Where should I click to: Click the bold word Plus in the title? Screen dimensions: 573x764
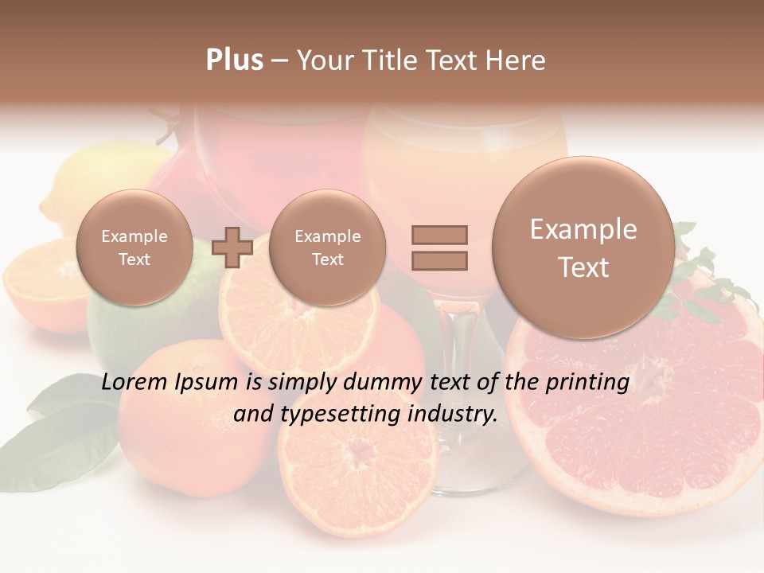pos(234,60)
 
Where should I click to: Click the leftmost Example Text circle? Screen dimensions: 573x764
pos(134,248)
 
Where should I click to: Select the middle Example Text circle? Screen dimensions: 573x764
pos(327,248)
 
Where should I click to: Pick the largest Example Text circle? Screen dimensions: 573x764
pos(583,248)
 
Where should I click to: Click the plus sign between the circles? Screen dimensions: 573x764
pos(232,248)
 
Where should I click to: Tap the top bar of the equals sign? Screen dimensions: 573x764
pos(439,235)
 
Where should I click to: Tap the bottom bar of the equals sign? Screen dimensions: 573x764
pos(439,260)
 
